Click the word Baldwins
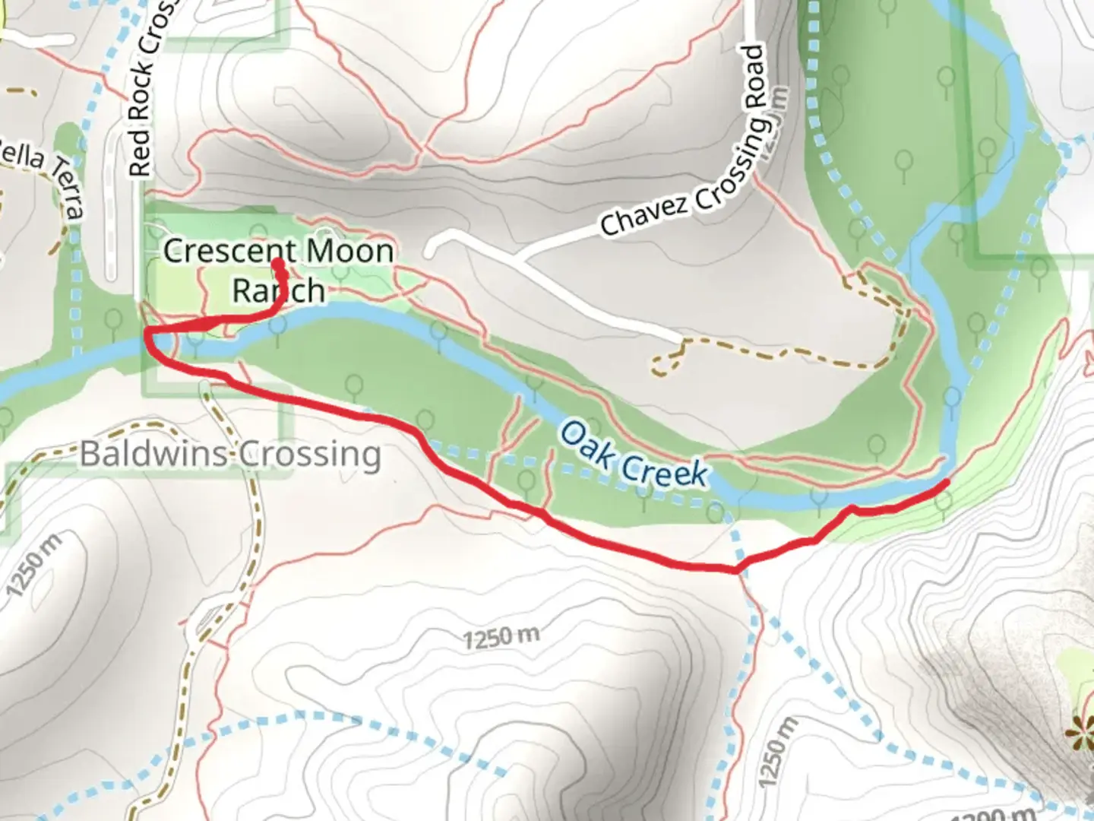tap(153, 455)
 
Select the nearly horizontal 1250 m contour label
tap(501, 636)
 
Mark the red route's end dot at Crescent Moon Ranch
tap(278, 264)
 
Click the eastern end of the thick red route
tap(947, 482)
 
